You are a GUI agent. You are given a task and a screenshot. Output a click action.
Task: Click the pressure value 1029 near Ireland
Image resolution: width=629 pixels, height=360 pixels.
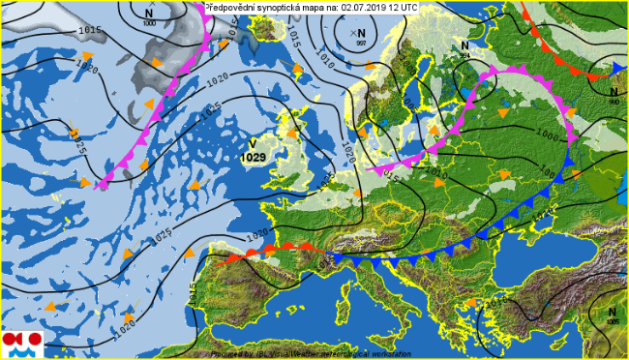point(254,157)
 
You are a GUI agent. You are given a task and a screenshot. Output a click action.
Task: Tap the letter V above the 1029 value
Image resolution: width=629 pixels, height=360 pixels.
point(253,143)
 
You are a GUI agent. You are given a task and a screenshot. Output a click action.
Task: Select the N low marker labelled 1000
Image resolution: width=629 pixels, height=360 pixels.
point(148,15)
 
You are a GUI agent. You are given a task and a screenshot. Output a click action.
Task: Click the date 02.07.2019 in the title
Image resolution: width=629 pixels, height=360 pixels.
point(370,6)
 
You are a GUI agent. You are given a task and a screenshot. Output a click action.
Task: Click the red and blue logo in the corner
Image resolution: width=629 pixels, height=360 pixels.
point(22,341)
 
